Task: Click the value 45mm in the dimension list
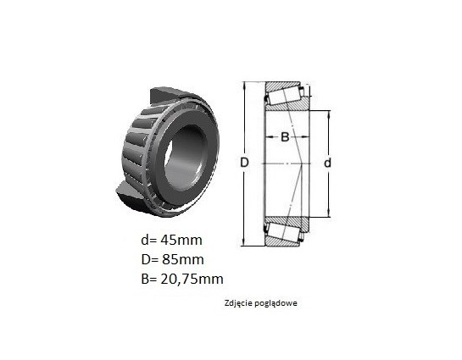pos(181,241)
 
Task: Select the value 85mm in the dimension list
pos(182,260)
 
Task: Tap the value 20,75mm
pos(192,279)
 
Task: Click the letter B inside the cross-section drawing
pos(285,137)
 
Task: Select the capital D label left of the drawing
pos(244,163)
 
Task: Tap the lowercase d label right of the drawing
pos(327,163)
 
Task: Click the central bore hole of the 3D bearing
pos(184,158)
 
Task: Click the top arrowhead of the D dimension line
pos(244,84)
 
